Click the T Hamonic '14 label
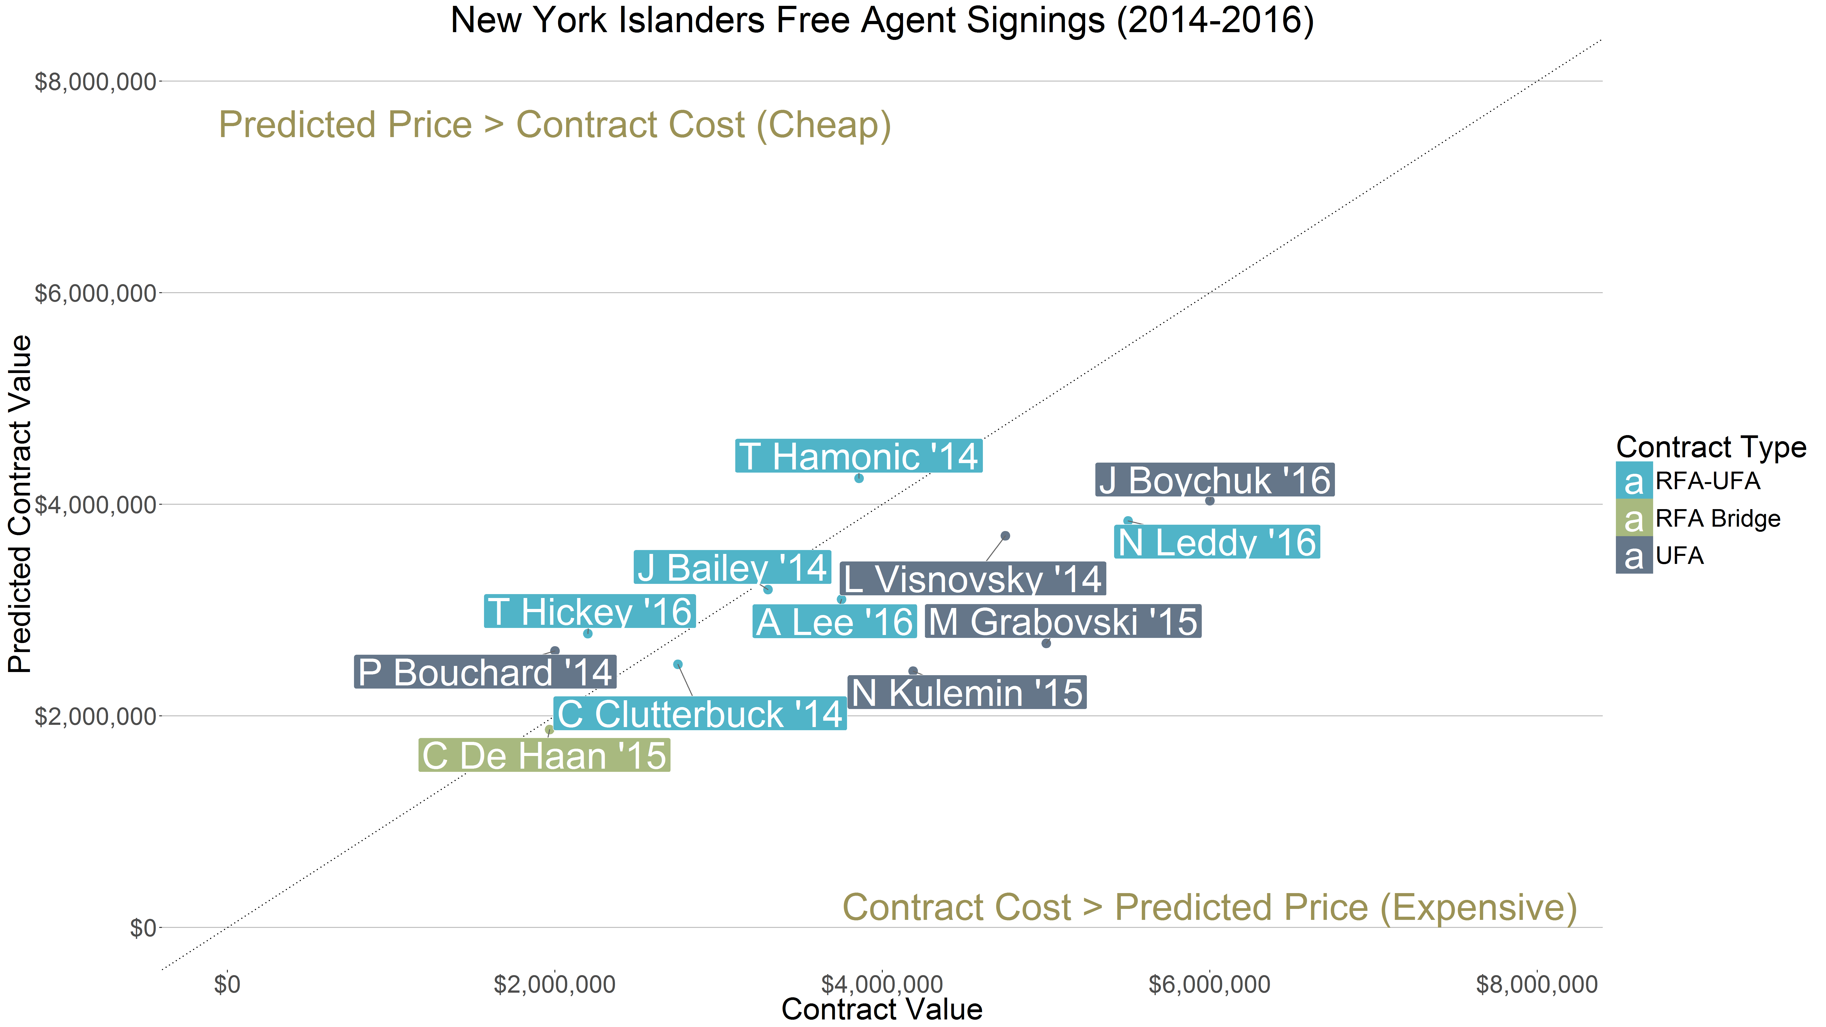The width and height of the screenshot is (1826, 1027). (x=858, y=457)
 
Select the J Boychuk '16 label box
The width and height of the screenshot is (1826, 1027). (x=1214, y=480)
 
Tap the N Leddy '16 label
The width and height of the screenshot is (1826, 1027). (x=1216, y=542)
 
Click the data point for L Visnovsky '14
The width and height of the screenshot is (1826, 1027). (x=1005, y=536)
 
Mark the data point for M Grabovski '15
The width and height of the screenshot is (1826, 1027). (x=1046, y=643)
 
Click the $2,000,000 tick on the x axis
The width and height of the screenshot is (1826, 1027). (x=554, y=984)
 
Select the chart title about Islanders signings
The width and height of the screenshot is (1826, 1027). (x=882, y=20)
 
